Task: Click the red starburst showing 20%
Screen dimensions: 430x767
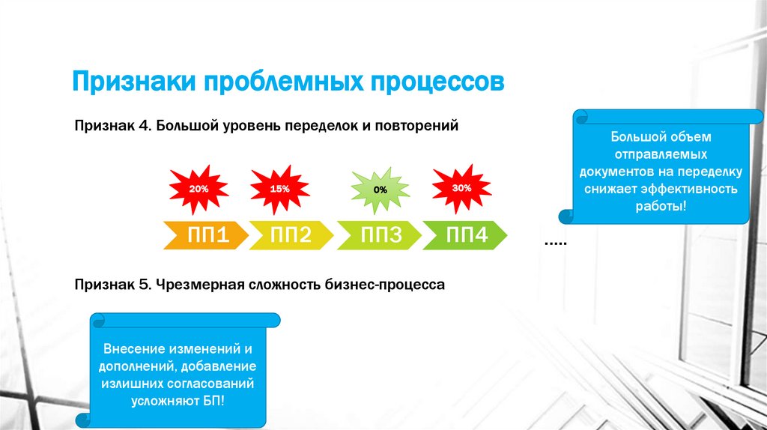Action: tap(198, 190)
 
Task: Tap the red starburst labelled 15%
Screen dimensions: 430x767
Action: tap(279, 190)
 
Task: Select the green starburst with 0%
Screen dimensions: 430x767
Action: tap(381, 190)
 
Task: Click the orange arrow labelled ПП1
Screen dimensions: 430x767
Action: tap(207, 236)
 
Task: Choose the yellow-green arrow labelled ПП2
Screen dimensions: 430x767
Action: tap(291, 236)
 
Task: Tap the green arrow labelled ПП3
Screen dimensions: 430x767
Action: tap(381, 236)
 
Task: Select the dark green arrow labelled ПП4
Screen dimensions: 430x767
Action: tap(467, 236)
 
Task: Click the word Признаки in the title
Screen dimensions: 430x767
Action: tap(130, 80)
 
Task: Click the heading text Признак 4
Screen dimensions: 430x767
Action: tap(113, 126)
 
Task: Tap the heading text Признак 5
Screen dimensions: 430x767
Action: tap(113, 285)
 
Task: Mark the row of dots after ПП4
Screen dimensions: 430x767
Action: tap(555, 243)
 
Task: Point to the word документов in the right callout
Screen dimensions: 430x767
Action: tap(619, 172)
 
